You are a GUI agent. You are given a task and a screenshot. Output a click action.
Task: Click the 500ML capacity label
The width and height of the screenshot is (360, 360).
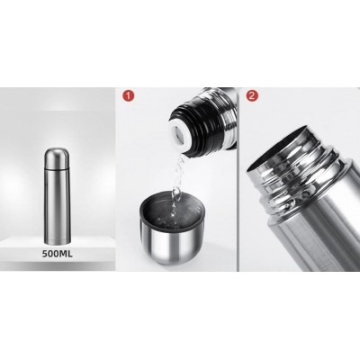click(58, 254)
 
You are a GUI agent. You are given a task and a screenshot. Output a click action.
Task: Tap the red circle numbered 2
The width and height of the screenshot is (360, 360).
click(252, 95)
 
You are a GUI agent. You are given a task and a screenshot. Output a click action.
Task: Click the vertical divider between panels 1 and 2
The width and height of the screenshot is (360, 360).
click(238, 179)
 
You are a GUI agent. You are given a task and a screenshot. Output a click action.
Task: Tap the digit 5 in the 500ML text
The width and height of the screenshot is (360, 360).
click(45, 254)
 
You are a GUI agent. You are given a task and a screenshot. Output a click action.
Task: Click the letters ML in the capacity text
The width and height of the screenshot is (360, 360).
click(67, 254)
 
